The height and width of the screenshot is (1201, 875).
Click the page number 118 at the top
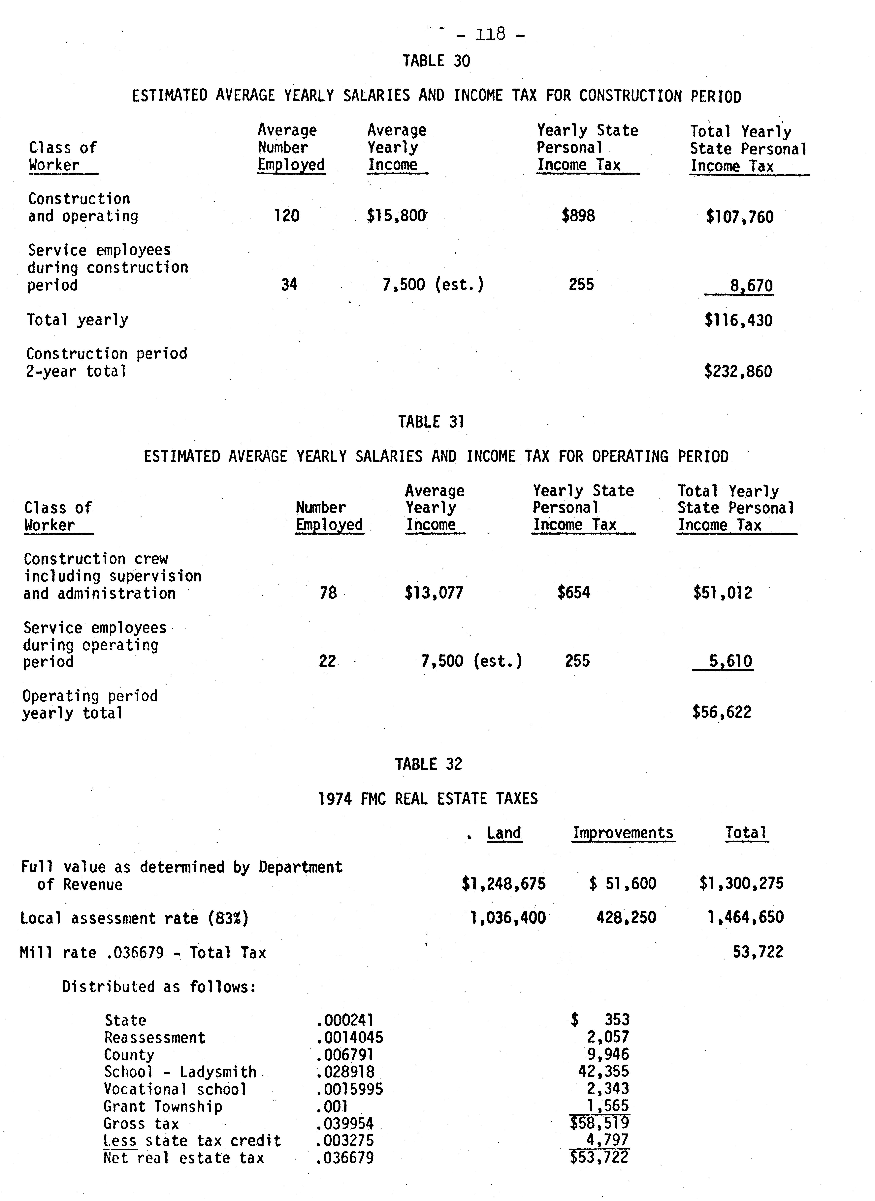(x=490, y=35)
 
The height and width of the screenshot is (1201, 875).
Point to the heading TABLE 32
(x=428, y=764)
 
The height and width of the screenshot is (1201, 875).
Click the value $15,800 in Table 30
(x=396, y=216)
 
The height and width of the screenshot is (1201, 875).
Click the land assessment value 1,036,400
(x=508, y=918)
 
